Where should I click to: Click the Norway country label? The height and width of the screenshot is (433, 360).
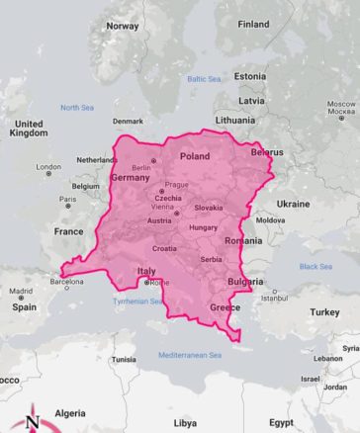[123, 26]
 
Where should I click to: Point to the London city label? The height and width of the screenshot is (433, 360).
[48, 167]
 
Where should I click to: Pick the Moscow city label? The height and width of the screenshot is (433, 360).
[341, 103]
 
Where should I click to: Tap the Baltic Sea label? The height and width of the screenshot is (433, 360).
[204, 78]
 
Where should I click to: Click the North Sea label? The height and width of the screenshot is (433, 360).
[76, 107]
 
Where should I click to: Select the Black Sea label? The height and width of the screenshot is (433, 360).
[315, 266]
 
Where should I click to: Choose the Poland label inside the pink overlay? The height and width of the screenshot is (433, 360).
[195, 156]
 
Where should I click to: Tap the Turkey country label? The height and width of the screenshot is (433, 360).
[324, 311]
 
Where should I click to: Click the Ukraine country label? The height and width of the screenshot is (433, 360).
[293, 204]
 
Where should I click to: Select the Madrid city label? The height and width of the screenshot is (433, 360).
[21, 292]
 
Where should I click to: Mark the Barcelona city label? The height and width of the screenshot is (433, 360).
[66, 282]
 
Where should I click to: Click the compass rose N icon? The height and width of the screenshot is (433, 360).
[32, 419]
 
